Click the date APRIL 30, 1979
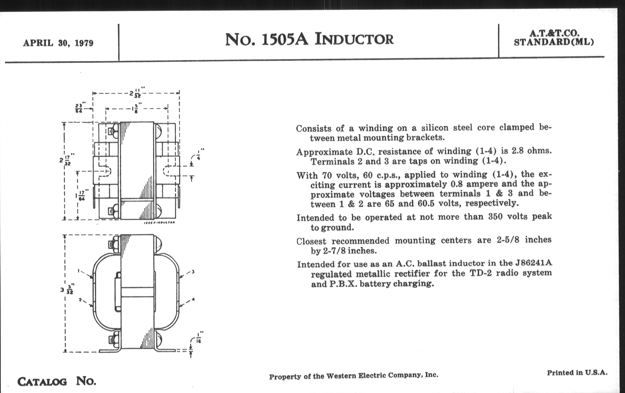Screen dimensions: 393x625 pyautogui.click(x=58, y=43)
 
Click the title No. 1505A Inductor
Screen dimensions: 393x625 pyautogui.click(x=309, y=40)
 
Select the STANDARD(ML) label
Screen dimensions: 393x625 pyautogui.click(x=554, y=42)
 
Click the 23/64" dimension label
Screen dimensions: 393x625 pyautogui.click(x=78, y=108)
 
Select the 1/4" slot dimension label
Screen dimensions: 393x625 pyautogui.click(x=199, y=154)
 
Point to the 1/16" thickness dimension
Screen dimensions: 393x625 pyautogui.click(x=199, y=337)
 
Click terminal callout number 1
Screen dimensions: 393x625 pyautogui.click(x=79, y=271)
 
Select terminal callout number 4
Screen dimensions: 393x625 pyautogui.click(x=193, y=299)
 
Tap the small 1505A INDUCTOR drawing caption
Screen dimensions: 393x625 pyautogui.click(x=159, y=222)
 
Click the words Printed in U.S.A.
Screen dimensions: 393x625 pyautogui.click(x=577, y=373)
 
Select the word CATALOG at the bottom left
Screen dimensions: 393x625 pyautogui.click(x=42, y=382)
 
